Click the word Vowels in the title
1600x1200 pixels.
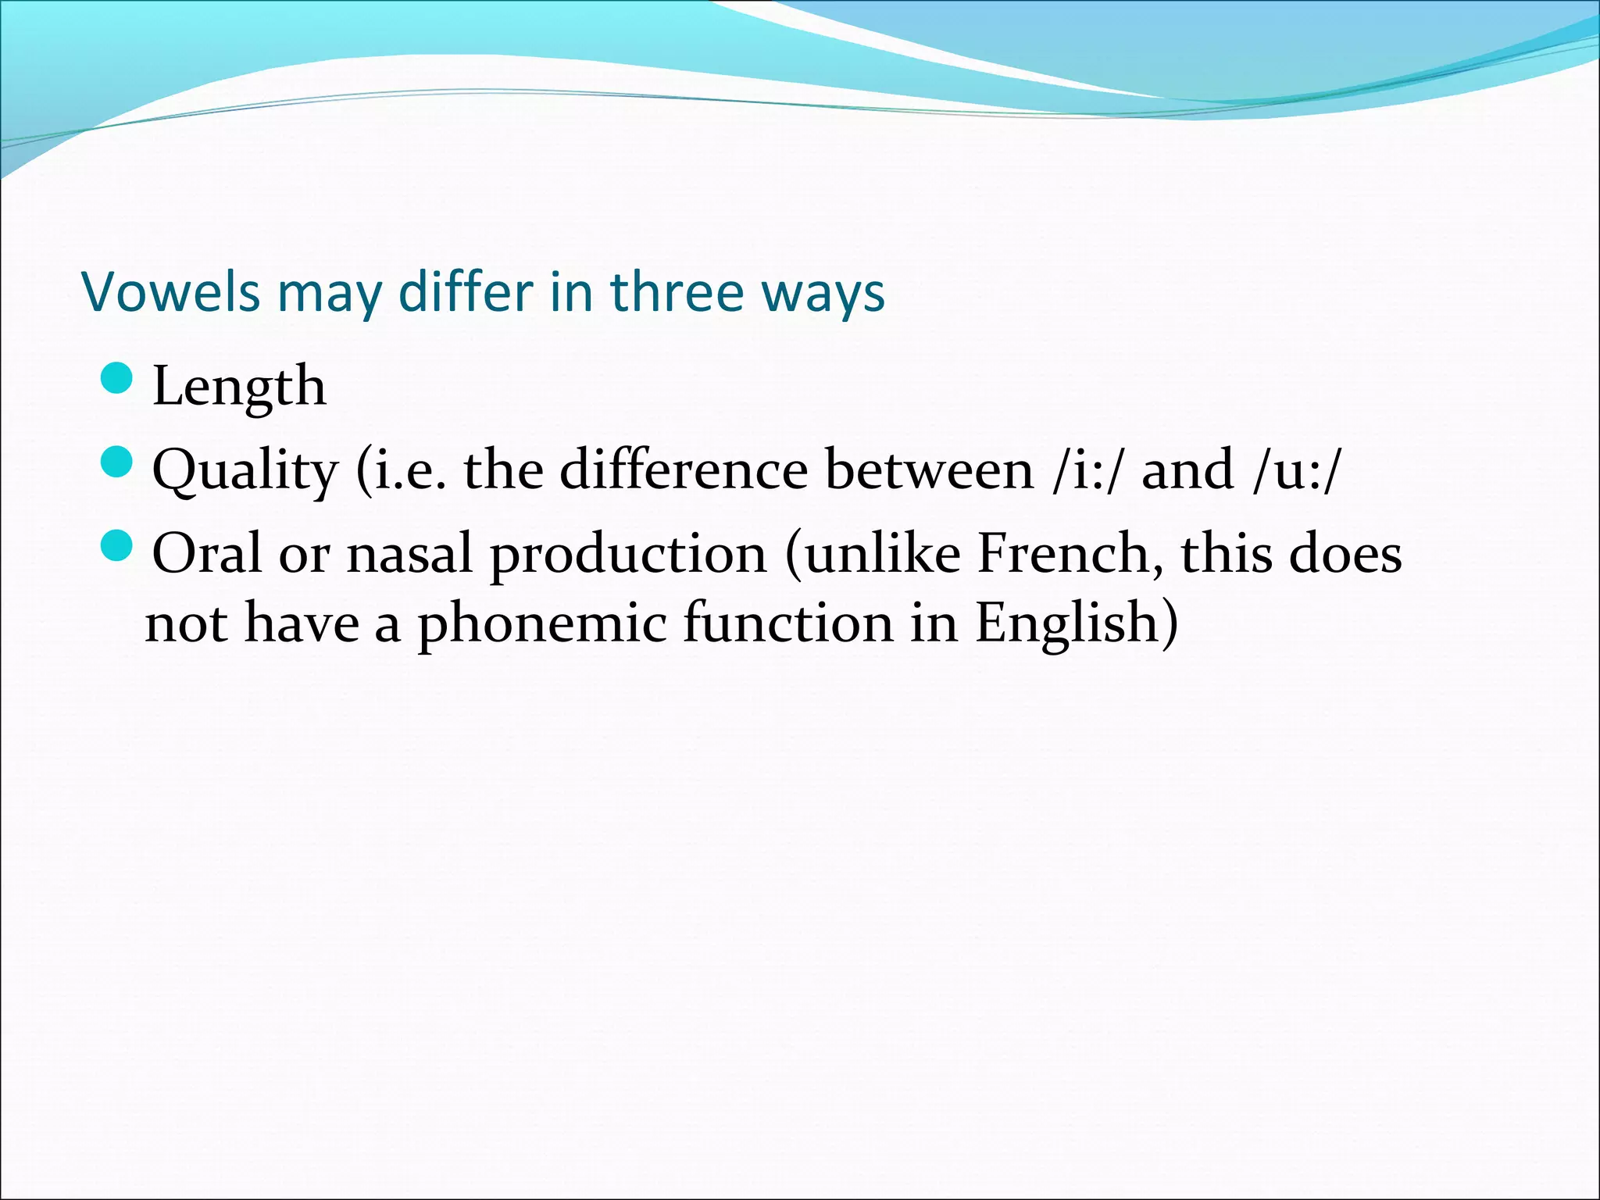170,292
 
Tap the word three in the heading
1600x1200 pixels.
677,292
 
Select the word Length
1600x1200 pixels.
239,386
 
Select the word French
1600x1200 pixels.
1070,554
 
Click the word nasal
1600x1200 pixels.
410,554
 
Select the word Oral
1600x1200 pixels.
207,554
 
